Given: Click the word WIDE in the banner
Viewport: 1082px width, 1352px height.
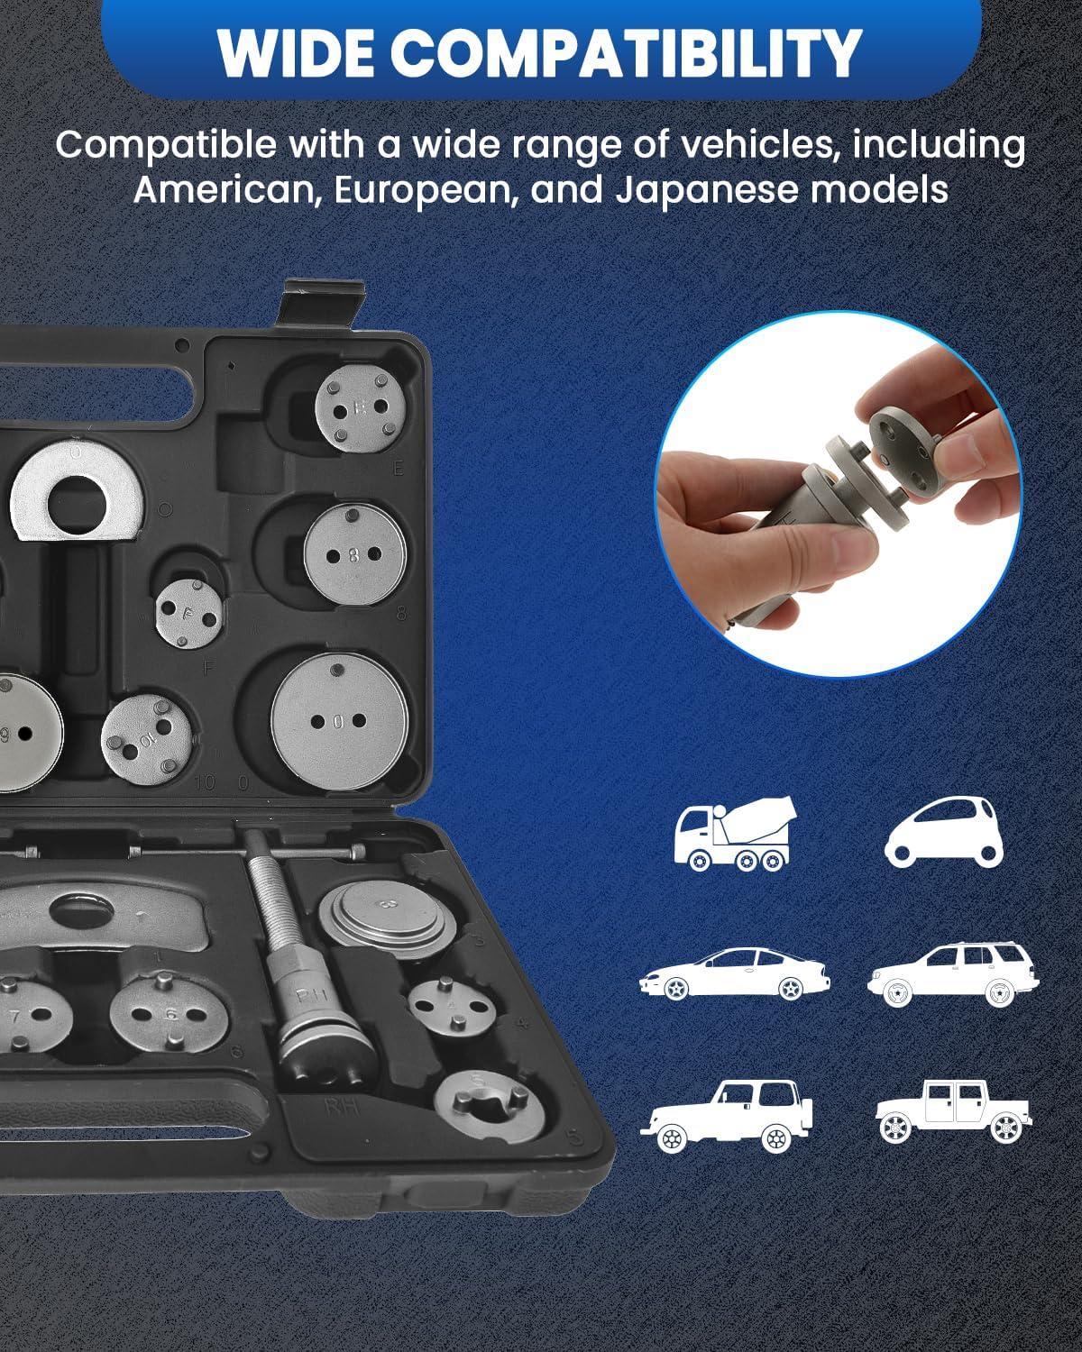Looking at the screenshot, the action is point(296,52).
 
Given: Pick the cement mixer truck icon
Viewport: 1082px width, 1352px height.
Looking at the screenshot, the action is point(734,833).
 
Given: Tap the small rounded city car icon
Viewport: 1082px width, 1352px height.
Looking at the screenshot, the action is point(944,833).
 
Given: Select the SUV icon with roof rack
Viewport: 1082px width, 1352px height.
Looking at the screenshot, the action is point(953,973).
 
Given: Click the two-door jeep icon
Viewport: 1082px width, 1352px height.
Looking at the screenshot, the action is point(727,1117).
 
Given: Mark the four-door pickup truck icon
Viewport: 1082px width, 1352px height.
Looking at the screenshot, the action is point(953,1112).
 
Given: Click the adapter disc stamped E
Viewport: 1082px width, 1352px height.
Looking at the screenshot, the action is point(359,409).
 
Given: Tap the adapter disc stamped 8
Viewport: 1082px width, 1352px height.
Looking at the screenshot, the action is point(354,554).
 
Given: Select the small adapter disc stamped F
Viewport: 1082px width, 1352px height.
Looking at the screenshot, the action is point(188,614).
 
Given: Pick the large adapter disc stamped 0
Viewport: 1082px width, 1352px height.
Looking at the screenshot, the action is point(339,720).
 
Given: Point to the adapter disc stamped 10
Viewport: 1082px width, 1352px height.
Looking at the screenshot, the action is point(146,737).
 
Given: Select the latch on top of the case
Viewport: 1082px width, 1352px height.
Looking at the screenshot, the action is point(320,304).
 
